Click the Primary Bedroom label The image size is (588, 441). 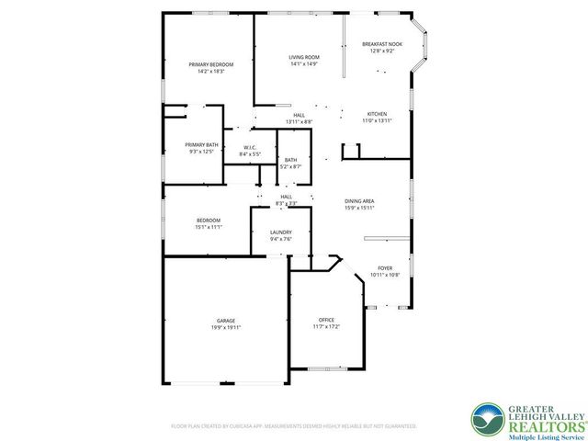tap(211, 64)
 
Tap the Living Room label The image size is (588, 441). tap(303, 57)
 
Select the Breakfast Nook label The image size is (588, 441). tap(381, 44)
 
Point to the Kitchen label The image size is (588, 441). tap(378, 114)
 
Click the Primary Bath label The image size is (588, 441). tap(201, 145)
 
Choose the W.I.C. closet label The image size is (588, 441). tap(250, 148)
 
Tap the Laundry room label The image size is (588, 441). tap(281, 232)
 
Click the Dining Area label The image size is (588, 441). tap(359, 201)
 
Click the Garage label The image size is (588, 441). tap(226, 321)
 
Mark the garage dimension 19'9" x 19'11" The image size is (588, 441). tap(226, 327)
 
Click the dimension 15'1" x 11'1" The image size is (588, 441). tap(208, 227)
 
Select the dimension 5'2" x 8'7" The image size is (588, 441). tap(290, 166)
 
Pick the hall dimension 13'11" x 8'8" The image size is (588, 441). tap(299, 122)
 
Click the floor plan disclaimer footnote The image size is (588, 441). tap(294, 426)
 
